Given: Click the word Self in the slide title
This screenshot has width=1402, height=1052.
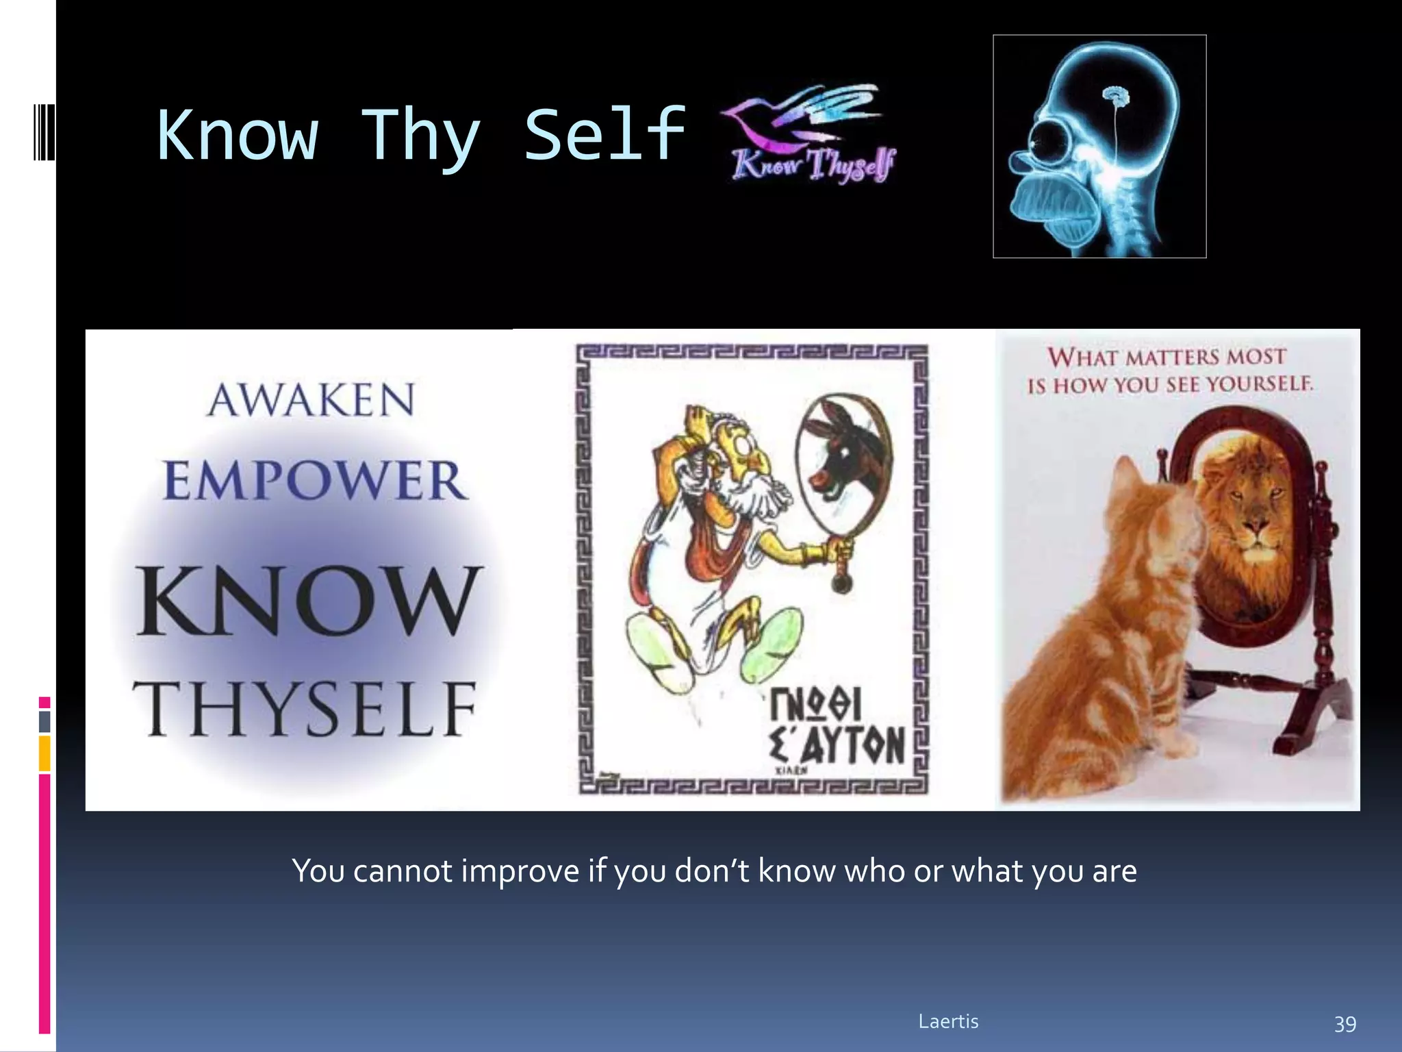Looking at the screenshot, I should pyautogui.click(x=605, y=135).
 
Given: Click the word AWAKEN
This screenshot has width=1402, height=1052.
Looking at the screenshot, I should pyautogui.click(x=311, y=400).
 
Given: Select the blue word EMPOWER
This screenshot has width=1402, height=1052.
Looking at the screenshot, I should pyautogui.click(x=315, y=481).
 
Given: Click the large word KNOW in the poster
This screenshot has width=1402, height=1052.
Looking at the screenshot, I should pyautogui.click(x=308, y=601).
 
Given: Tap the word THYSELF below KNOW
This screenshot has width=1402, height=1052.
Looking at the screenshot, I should pyautogui.click(x=305, y=710).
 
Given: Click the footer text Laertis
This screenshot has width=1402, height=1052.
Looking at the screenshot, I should pyautogui.click(x=948, y=1021).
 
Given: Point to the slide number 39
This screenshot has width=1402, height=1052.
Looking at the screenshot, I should pyautogui.click(x=1344, y=1023).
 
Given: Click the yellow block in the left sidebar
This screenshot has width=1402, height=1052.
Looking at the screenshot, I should pyautogui.click(x=44, y=753).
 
